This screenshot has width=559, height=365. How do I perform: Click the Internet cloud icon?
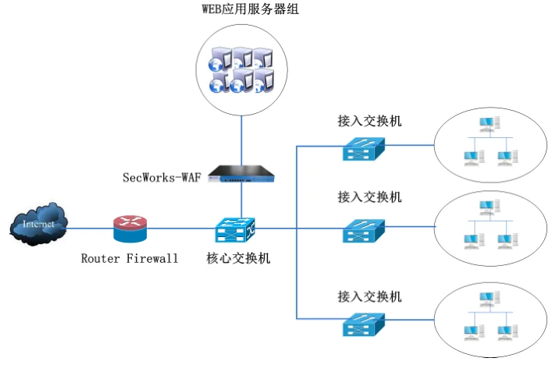pos(37,225)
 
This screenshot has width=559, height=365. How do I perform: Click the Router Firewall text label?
pos(130,258)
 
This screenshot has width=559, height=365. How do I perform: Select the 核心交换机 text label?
pos(238,258)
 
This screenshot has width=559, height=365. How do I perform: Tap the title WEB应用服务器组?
pos(240,10)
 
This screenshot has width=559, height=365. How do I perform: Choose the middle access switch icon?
pos(364,230)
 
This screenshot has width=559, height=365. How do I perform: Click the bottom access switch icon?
pos(364,322)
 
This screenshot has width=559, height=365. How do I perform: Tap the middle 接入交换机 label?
pos(370,197)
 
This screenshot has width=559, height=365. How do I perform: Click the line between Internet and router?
pos(90,229)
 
